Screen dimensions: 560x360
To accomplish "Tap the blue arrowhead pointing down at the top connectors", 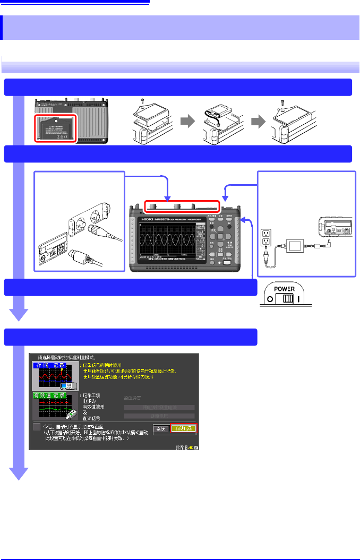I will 167,198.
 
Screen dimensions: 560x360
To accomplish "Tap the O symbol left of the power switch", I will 270,299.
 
